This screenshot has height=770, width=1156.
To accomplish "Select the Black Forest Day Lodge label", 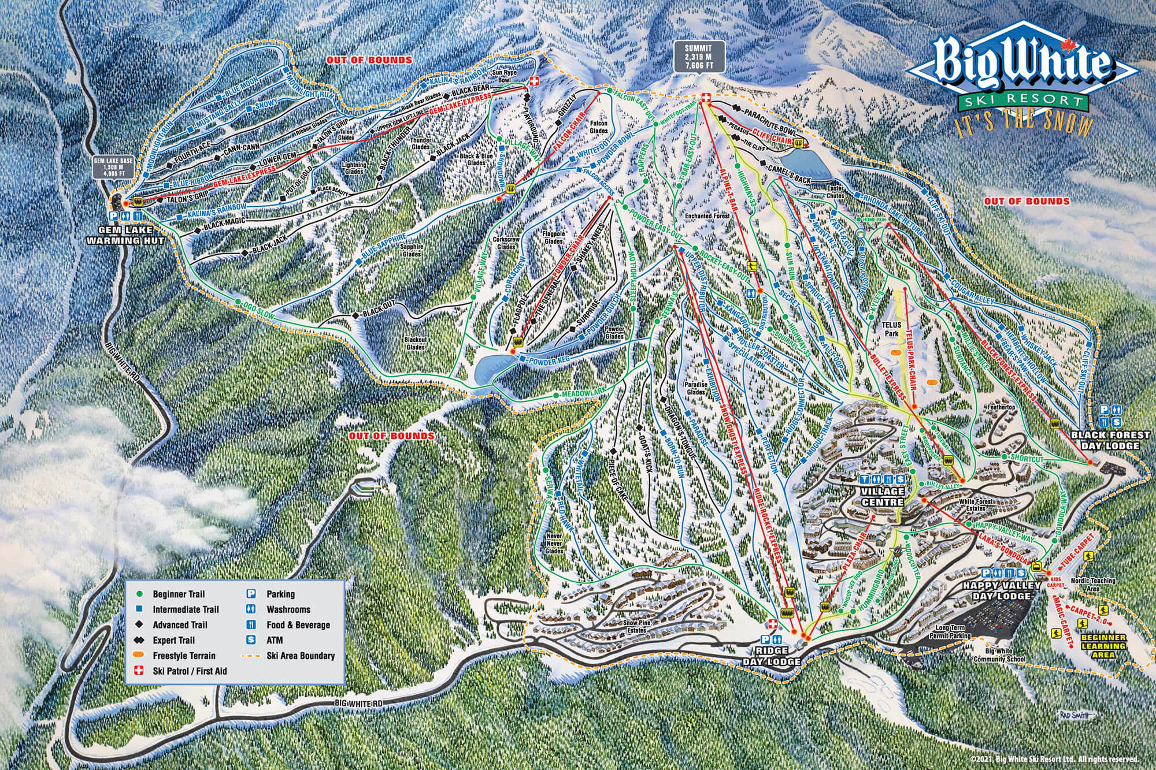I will [1104, 441].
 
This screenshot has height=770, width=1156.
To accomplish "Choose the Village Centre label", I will [883, 497].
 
